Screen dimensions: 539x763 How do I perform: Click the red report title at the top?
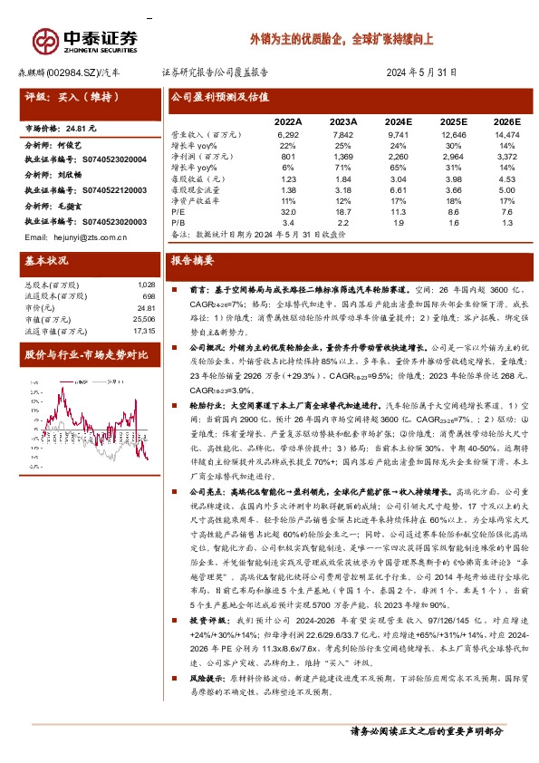[x=342, y=41]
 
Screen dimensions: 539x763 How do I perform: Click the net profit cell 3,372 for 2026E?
[x=505, y=157]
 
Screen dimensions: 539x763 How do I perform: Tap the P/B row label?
[x=178, y=222]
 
